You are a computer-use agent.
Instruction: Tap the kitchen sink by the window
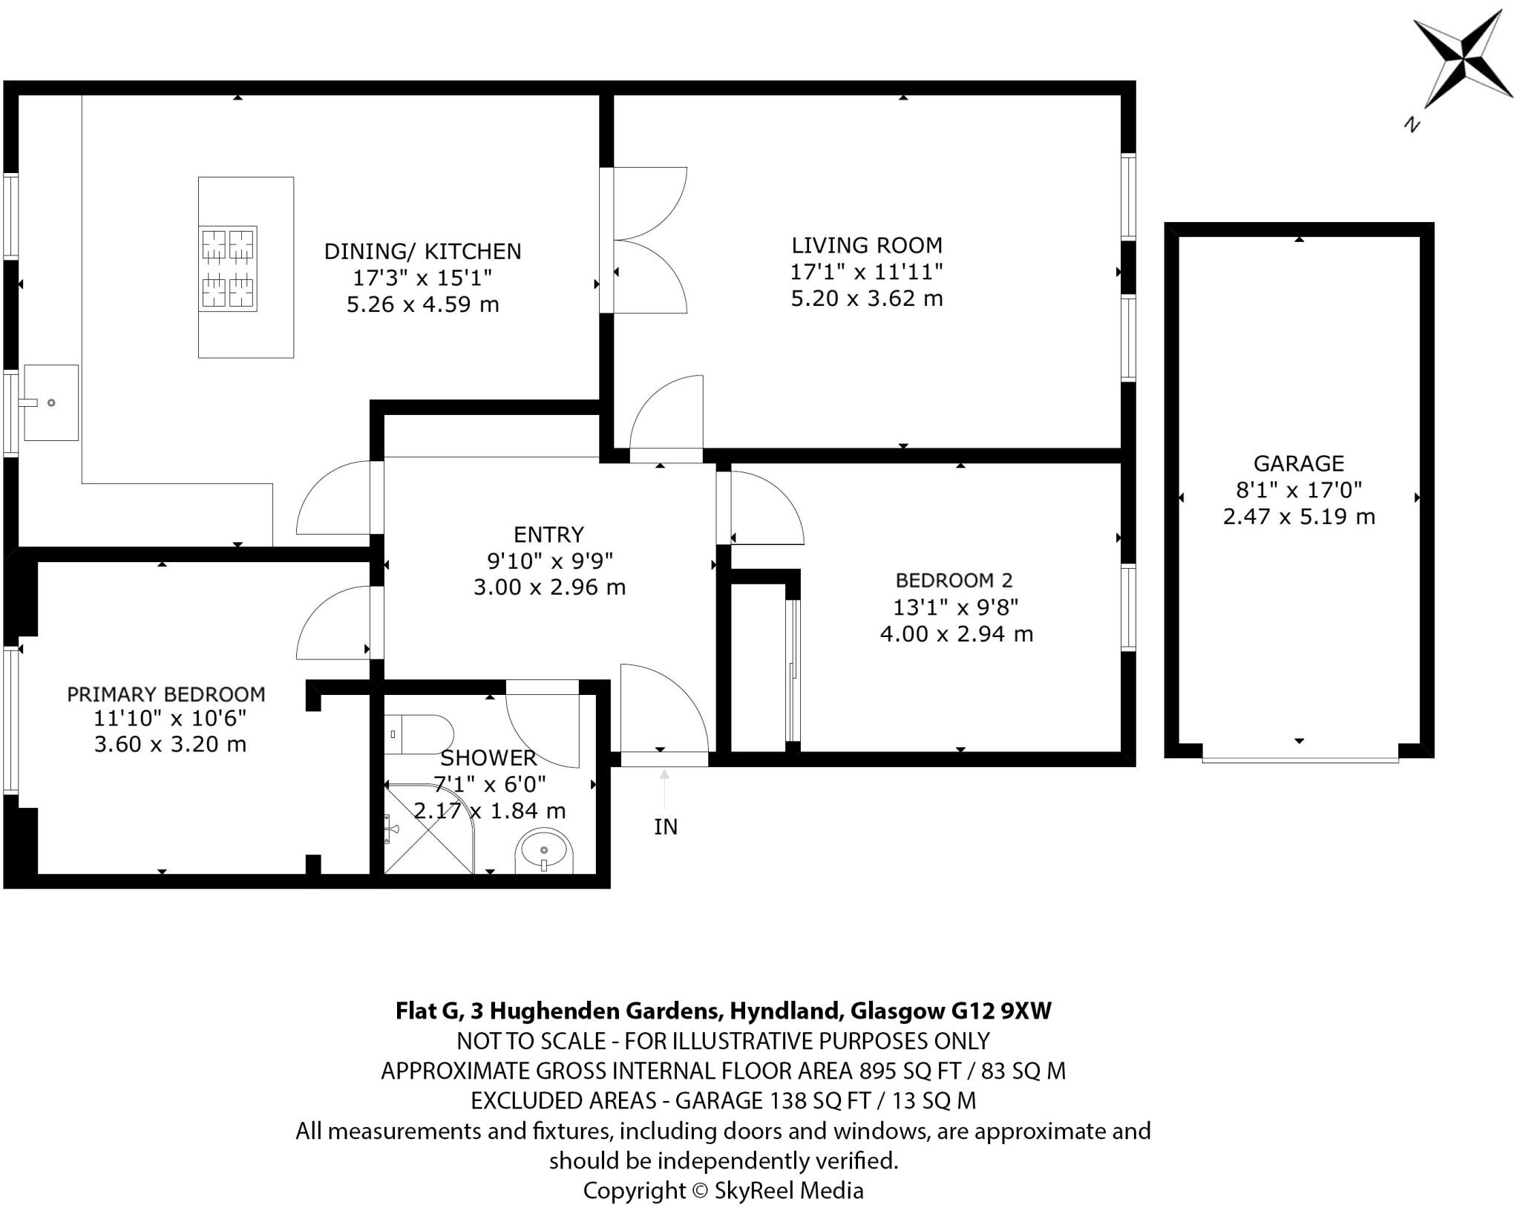(x=50, y=402)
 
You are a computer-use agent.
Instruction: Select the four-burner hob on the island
(x=228, y=268)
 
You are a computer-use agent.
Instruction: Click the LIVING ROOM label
(x=866, y=245)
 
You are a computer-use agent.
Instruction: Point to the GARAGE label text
(x=1298, y=463)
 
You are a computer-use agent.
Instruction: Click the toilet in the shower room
(x=419, y=734)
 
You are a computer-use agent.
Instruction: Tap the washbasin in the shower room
(x=544, y=852)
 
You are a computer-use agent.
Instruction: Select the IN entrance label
(x=666, y=827)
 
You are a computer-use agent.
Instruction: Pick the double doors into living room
(x=646, y=240)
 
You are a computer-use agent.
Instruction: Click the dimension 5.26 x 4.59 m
(x=422, y=304)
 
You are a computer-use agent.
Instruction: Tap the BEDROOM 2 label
(x=954, y=580)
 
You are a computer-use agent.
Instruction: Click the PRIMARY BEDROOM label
(x=166, y=694)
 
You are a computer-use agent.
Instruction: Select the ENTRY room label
(x=548, y=534)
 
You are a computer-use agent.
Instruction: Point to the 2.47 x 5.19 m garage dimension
(x=1298, y=517)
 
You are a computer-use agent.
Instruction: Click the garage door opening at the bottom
(x=1300, y=759)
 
